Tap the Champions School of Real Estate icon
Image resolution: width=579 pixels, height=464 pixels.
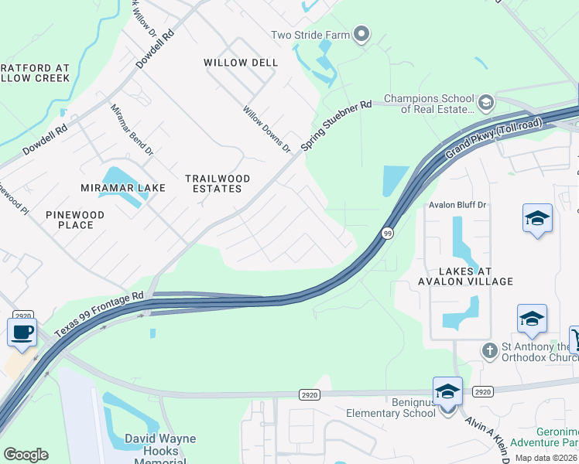(485, 102)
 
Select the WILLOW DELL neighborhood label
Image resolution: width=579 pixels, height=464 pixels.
(241, 63)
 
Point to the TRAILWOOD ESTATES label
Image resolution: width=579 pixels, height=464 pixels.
(218, 183)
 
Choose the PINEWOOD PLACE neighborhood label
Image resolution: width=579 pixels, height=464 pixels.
(74, 220)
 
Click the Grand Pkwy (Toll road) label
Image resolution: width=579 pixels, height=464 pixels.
(494, 142)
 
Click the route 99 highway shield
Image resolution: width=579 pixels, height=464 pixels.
(386, 232)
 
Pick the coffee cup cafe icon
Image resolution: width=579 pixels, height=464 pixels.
(22, 332)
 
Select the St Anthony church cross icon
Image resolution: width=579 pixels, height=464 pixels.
(488, 351)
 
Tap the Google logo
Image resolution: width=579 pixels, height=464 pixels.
(26, 454)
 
